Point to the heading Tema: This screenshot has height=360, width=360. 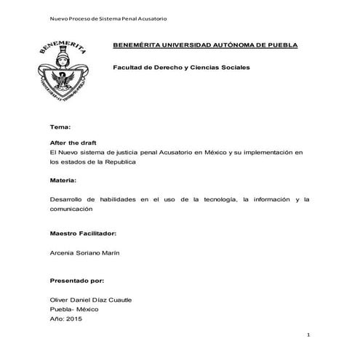point(60,127)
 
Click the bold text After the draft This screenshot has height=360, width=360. point(73,144)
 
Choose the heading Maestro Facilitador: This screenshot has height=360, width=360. point(82,235)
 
